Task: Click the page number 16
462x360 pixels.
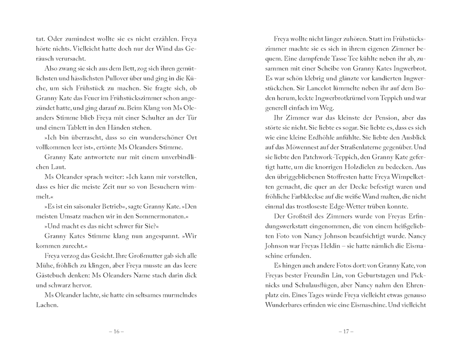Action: (116, 331)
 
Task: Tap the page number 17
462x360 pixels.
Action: (346, 331)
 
